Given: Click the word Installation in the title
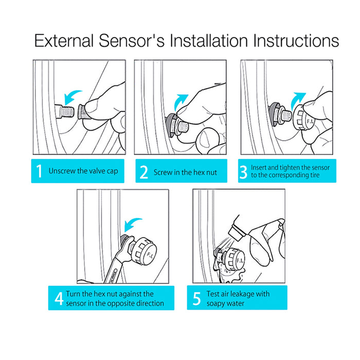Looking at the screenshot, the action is (208, 41).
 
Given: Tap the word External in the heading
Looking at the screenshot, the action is (64, 41).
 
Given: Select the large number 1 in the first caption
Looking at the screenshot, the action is (39, 171).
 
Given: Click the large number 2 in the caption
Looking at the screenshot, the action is (143, 172).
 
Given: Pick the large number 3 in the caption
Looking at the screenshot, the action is (243, 172).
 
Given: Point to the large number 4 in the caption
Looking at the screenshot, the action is (59, 299).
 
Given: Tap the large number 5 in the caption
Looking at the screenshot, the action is (197, 298).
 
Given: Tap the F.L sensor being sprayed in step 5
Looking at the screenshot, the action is (233, 260).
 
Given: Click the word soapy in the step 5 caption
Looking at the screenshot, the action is (215, 303).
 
